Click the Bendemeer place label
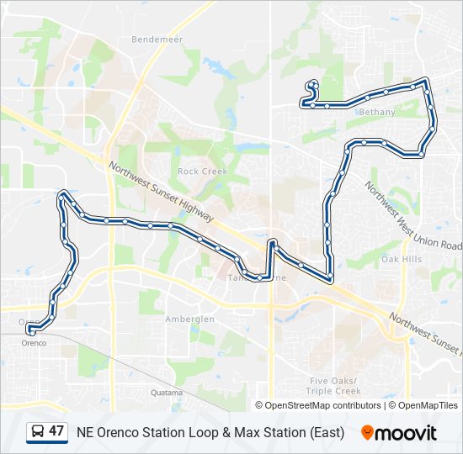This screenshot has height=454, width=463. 152,40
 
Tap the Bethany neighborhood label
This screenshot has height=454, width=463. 376,112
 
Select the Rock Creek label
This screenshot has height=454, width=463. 198,171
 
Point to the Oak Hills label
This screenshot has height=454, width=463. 401,260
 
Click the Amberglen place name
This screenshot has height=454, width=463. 189,319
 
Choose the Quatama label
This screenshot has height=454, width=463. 166,393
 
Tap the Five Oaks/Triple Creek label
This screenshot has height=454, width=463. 334,386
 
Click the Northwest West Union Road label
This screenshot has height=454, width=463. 413,215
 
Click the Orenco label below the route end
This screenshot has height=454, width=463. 34,343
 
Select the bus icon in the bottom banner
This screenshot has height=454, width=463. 38,432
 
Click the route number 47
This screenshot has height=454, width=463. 56,431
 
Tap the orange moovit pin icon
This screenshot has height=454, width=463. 367,433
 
